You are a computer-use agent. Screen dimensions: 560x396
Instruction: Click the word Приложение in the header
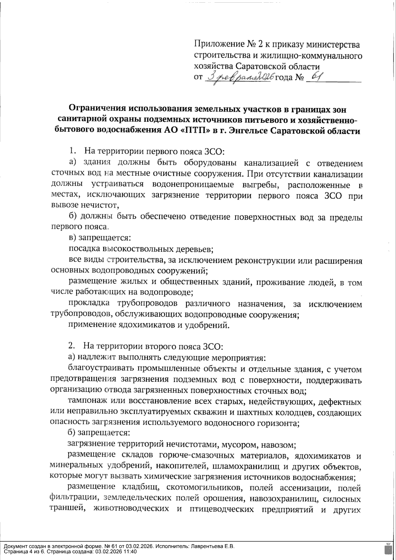tap(217, 44)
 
